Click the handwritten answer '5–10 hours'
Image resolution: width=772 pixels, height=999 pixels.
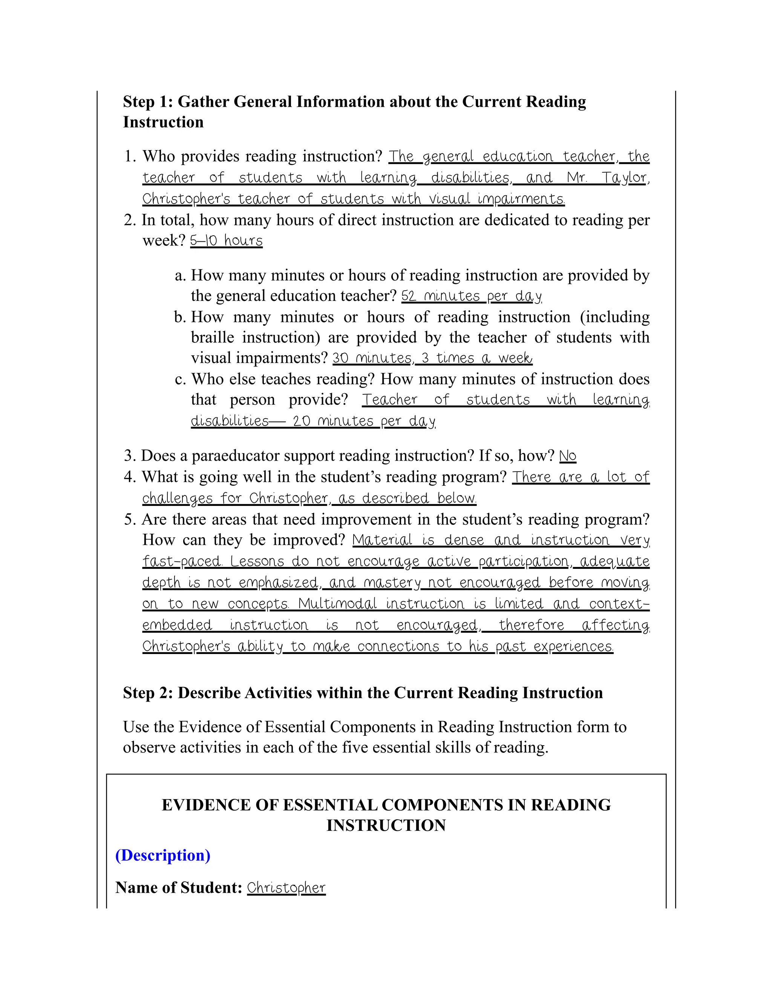(227, 241)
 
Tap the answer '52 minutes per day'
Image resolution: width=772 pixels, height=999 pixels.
(472, 296)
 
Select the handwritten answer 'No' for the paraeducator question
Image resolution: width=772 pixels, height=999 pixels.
(568, 456)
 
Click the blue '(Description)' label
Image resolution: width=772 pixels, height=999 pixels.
(163, 855)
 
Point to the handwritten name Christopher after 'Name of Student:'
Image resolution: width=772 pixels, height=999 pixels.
(286, 888)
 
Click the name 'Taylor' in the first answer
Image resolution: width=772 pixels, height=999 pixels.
(624, 178)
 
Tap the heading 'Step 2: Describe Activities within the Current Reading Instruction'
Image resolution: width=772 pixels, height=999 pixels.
(363, 693)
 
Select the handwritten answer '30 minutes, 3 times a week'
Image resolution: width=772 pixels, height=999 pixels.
(432, 358)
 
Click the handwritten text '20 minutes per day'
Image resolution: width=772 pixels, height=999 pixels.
(364, 421)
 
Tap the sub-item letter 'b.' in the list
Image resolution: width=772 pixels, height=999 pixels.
(180, 317)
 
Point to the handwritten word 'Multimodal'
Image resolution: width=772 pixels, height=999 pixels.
(337, 604)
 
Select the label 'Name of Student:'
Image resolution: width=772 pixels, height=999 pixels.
(179, 887)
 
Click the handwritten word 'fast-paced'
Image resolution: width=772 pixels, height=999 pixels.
(182, 561)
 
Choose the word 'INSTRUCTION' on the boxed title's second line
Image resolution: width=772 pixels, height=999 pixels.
(386, 825)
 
